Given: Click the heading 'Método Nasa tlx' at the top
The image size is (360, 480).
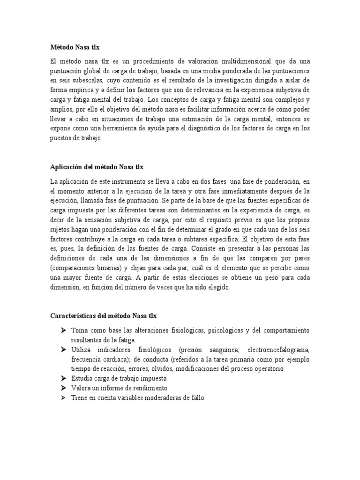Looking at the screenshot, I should (75, 47).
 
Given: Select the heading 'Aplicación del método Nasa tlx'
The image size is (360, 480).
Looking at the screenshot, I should (97, 166).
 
